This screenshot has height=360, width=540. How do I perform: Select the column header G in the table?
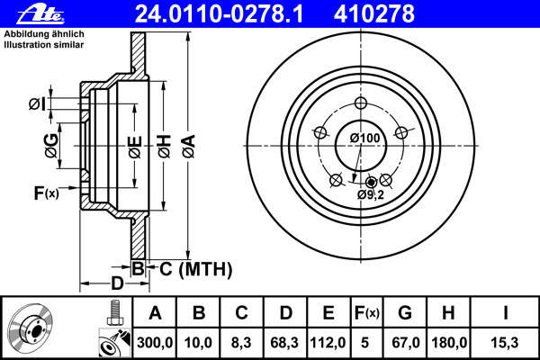(405, 313)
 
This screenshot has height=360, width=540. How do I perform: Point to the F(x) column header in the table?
(366, 313)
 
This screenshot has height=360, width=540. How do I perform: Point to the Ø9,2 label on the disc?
(371, 193)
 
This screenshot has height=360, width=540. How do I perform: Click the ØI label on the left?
(36, 104)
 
